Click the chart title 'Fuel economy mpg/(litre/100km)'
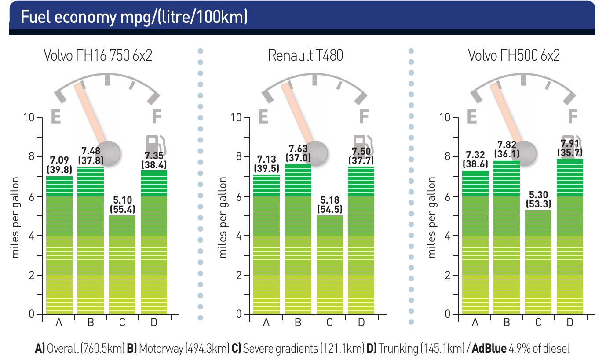point(134,17)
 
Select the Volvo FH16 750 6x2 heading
point(98,56)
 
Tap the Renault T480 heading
point(305,56)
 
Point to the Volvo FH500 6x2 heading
point(514,56)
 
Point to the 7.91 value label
point(570,144)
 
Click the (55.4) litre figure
point(122,209)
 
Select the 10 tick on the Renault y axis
point(237,118)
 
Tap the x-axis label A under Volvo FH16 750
point(59,323)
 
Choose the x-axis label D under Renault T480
point(361,323)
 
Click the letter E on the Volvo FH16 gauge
point(56,117)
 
